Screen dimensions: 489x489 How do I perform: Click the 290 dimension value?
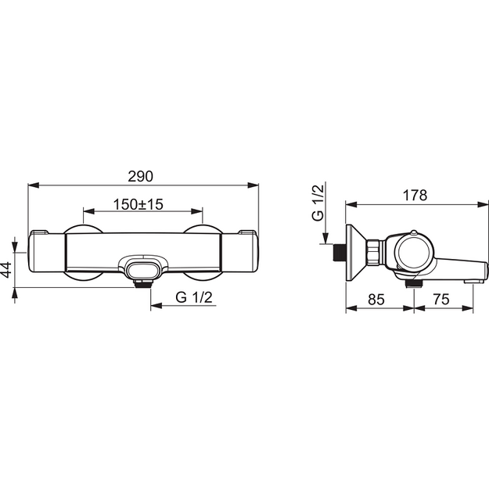[x=140, y=177]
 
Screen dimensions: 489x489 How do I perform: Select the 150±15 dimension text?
[x=138, y=204]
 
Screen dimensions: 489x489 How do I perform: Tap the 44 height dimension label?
[x=6, y=269]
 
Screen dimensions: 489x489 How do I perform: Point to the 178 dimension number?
[x=415, y=196]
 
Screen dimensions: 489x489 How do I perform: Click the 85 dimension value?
[x=376, y=300]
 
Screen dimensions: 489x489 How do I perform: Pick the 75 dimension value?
[x=441, y=300]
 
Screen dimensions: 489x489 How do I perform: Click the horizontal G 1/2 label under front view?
[x=194, y=297]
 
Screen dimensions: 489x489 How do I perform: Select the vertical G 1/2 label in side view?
[x=318, y=203]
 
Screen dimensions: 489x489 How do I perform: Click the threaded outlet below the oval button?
[x=143, y=284]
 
